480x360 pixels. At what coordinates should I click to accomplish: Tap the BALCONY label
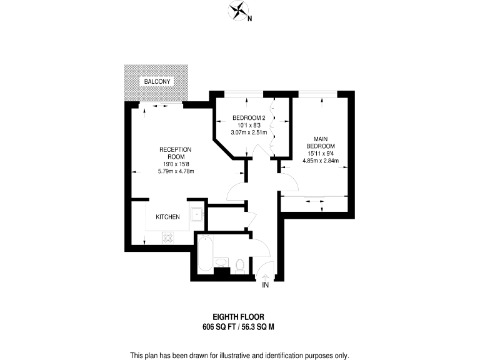[x=157, y=82]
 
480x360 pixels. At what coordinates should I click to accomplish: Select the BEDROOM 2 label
[x=249, y=118]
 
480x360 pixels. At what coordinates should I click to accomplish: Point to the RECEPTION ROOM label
[x=175, y=153]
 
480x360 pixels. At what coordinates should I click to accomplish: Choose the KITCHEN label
[x=167, y=217]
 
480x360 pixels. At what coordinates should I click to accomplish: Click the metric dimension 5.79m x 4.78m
[x=175, y=171]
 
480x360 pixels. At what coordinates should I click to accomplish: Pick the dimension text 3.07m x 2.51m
[x=249, y=132]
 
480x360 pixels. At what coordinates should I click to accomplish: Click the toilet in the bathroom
[x=241, y=266]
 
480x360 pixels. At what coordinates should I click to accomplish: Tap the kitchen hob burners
[x=168, y=237]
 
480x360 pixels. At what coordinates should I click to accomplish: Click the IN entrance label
[x=264, y=286]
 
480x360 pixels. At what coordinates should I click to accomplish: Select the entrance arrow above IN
[x=264, y=277]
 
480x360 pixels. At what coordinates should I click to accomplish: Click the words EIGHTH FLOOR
[x=239, y=317]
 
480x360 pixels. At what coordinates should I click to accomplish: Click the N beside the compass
[x=249, y=18]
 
